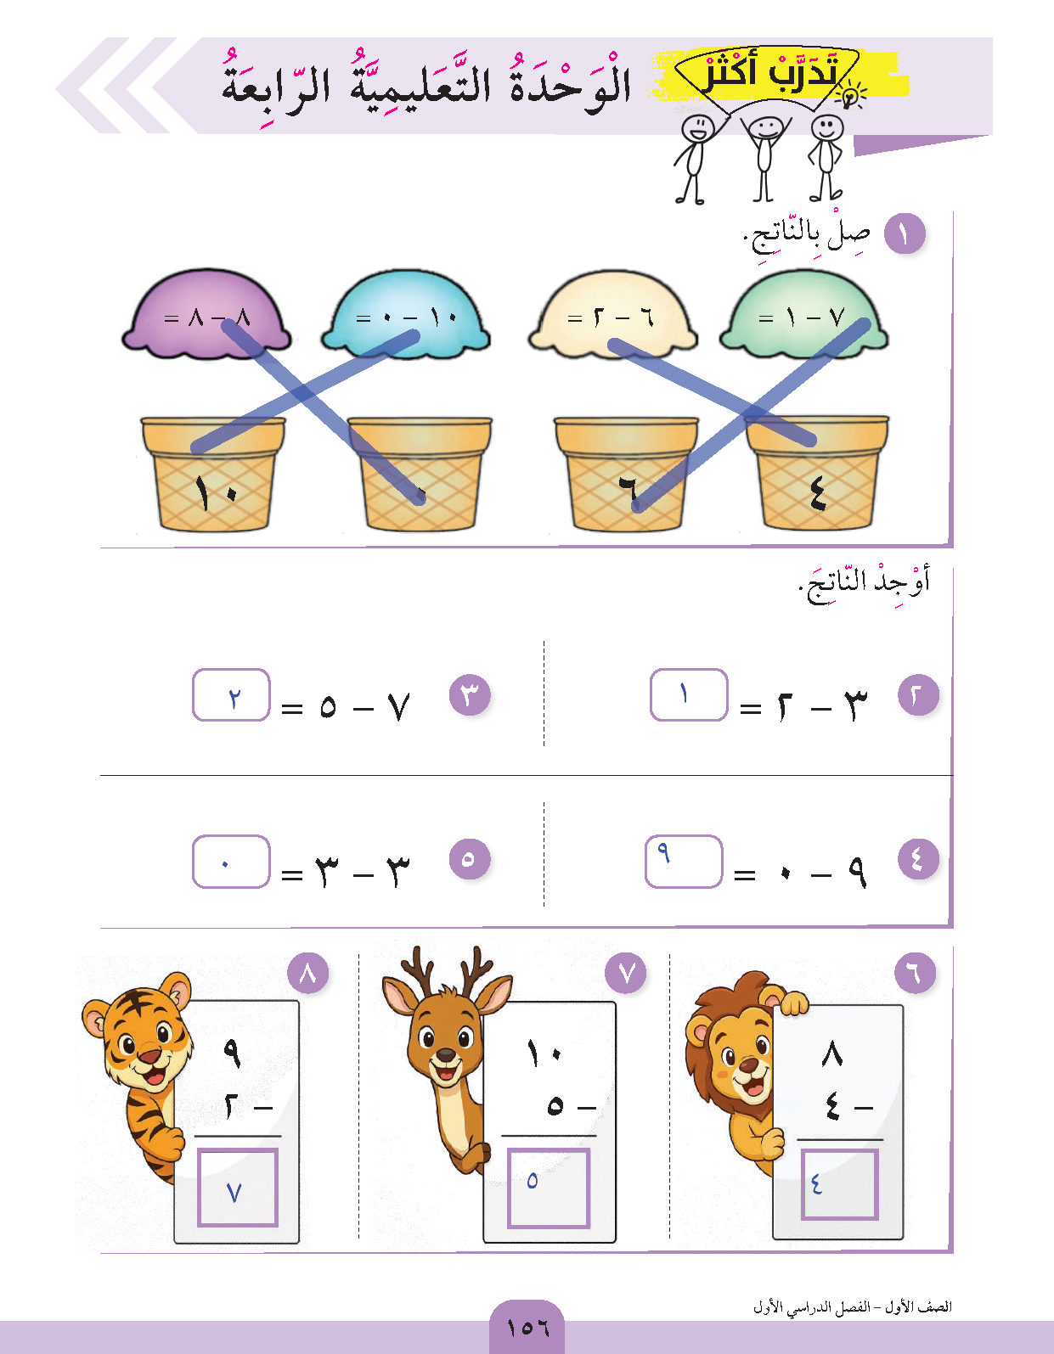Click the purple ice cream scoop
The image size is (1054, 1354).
206,315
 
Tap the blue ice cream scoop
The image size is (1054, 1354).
406,315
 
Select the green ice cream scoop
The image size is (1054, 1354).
804,315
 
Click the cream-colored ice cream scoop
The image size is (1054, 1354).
612,315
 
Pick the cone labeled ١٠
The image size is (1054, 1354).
214,474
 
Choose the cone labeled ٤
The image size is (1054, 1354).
817,474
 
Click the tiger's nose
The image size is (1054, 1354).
149,1055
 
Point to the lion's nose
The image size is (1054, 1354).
748,1066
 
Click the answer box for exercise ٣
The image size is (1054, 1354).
231,694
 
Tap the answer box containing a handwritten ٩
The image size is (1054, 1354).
684,861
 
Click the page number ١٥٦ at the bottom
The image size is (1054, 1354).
527,1328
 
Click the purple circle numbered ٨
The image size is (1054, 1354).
308,974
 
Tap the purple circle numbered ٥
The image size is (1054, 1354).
470,858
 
